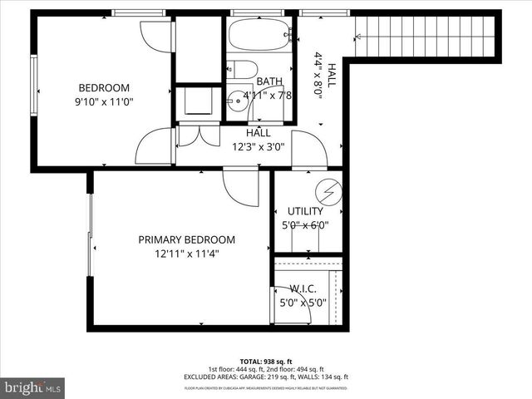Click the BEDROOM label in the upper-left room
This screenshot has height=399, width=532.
point(104,88)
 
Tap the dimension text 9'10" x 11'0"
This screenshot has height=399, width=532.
point(104,102)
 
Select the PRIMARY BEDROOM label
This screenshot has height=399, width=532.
point(186,239)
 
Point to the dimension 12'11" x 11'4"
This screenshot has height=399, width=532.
point(186,254)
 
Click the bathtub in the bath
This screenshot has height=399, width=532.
point(259,35)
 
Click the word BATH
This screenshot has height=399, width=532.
point(268,81)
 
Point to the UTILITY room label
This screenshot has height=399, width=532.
point(305,211)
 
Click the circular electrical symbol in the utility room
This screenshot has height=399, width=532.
point(330,191)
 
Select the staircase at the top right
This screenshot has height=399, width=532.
point(428,36)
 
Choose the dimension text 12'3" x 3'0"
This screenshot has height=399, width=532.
point(258,147)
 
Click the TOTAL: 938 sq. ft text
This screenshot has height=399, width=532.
point(266,362)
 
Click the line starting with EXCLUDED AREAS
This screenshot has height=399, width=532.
point(266,378)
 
